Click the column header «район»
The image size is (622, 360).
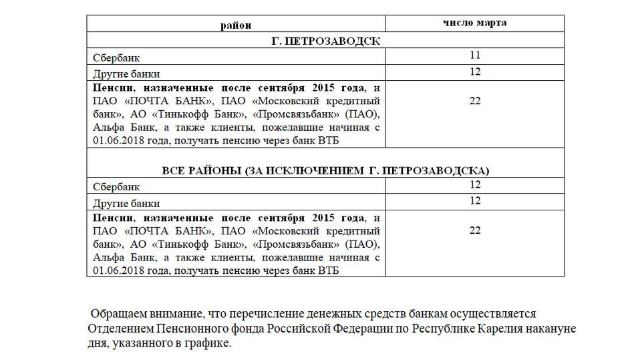pos(237,25)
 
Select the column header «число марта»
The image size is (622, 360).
pos(475,23)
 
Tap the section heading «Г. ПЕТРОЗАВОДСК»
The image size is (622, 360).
pos(327,41)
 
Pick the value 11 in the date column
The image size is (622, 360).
pos(475,55)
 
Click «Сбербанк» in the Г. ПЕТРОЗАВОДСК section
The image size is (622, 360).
pos(117,59)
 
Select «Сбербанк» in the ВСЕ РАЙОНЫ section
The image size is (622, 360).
pos(117,188)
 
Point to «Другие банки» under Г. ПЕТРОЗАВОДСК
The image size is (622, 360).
pos(126,73)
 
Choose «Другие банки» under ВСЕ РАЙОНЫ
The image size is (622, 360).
pos(126,203)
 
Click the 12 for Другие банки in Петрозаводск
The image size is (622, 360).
pos(475,71)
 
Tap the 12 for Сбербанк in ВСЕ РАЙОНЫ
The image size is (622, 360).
pos(475,185)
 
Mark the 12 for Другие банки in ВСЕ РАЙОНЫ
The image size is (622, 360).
pos(475,200)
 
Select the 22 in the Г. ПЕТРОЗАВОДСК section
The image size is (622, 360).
pos(475,100)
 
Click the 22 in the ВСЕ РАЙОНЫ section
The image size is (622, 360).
pos(475,230)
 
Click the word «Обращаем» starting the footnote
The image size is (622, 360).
pos(116,313)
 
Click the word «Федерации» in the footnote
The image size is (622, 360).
pos(367,329)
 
